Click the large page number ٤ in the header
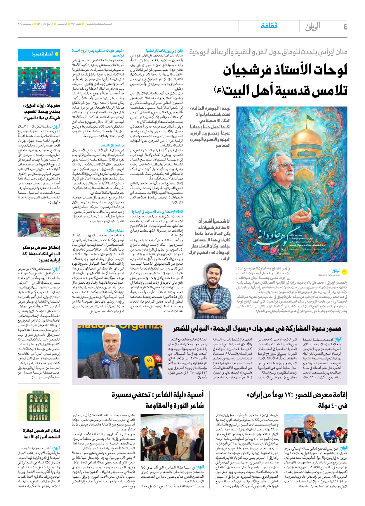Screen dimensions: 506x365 (345, 27)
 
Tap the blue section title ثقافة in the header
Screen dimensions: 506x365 (269, 26)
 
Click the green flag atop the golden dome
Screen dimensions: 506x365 (251, 118)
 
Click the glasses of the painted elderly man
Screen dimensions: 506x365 (287, 167)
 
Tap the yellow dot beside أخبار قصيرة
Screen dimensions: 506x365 (57, 54)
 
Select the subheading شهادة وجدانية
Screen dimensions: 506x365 (115, 231)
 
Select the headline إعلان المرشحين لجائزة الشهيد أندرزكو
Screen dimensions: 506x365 (41, 434)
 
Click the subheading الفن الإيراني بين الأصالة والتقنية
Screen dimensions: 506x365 (164, 51)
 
